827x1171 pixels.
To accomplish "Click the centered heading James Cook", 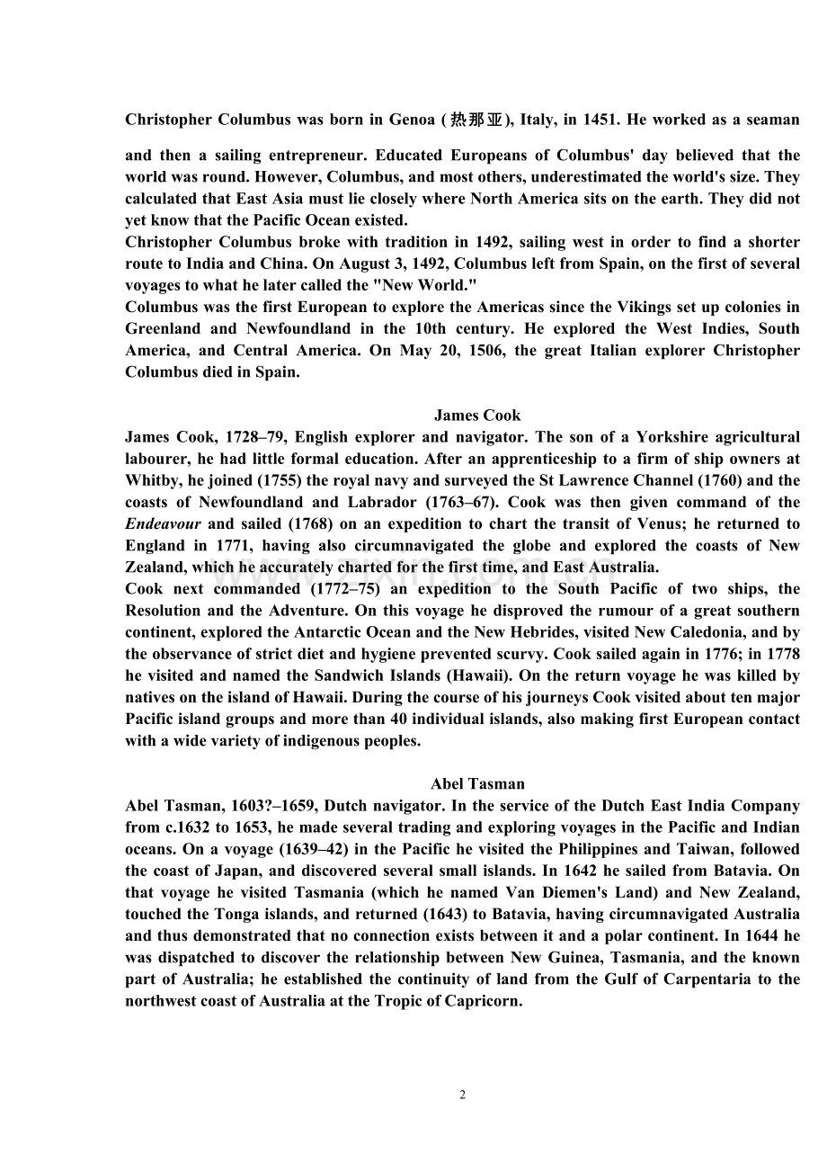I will (x=477, y=415).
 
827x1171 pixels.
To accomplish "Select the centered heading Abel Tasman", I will (x=477, y=783).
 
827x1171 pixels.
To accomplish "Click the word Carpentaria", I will (x=702, y=979).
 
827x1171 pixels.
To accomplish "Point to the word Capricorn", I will (x=483, y=1000).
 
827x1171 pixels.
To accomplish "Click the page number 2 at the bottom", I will (x=463, y=1095).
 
